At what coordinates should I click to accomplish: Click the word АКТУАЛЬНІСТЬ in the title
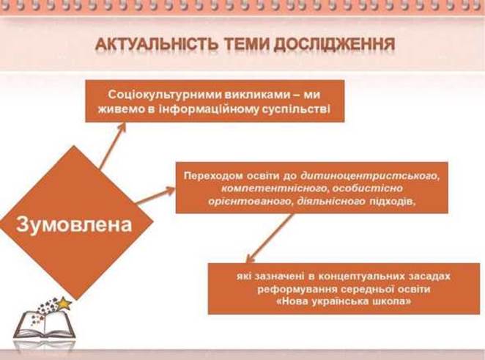click(156, 44)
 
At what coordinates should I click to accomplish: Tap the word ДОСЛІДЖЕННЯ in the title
click(334, 45)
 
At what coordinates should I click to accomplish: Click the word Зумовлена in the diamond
click(74, 224)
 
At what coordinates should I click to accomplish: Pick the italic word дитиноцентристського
click(370, 176)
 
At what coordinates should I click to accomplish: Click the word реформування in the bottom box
click(297, 290)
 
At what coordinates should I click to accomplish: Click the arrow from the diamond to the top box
click(113, 146)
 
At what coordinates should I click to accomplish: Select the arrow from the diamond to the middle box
click(155, 196)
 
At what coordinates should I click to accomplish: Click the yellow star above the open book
click(64, 304)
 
